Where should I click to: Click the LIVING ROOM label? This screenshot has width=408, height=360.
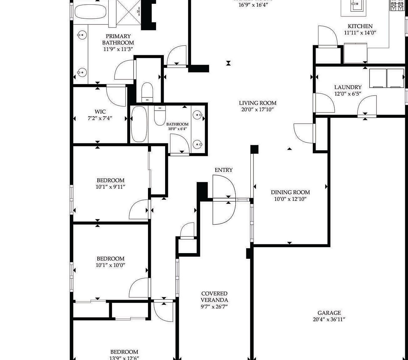pos(258,103)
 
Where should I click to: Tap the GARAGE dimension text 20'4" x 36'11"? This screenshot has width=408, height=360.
pos(329,319)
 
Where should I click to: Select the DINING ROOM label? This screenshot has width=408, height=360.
pos(290,192)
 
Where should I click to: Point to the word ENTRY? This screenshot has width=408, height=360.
pos(224,170)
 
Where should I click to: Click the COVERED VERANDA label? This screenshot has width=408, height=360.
pos(214,297)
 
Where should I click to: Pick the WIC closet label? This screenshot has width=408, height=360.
pos(100,112)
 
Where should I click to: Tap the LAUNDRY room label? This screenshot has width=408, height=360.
pos(348,87)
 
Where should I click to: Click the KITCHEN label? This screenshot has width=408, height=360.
pos(360,26)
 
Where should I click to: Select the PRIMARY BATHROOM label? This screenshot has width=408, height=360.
pos(118,39)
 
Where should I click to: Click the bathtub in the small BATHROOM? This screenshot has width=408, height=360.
pos(139,124)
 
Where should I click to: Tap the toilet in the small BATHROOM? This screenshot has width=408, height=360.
pos(160,116)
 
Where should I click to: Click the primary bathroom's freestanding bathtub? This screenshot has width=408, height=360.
pos(91,12)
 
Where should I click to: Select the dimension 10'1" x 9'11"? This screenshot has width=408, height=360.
pos(111,187)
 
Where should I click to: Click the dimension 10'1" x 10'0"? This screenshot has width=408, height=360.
pos(111,265)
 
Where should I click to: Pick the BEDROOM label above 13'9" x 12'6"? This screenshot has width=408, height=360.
pos(124,352)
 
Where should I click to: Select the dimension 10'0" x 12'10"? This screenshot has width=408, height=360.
pos(290,199)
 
